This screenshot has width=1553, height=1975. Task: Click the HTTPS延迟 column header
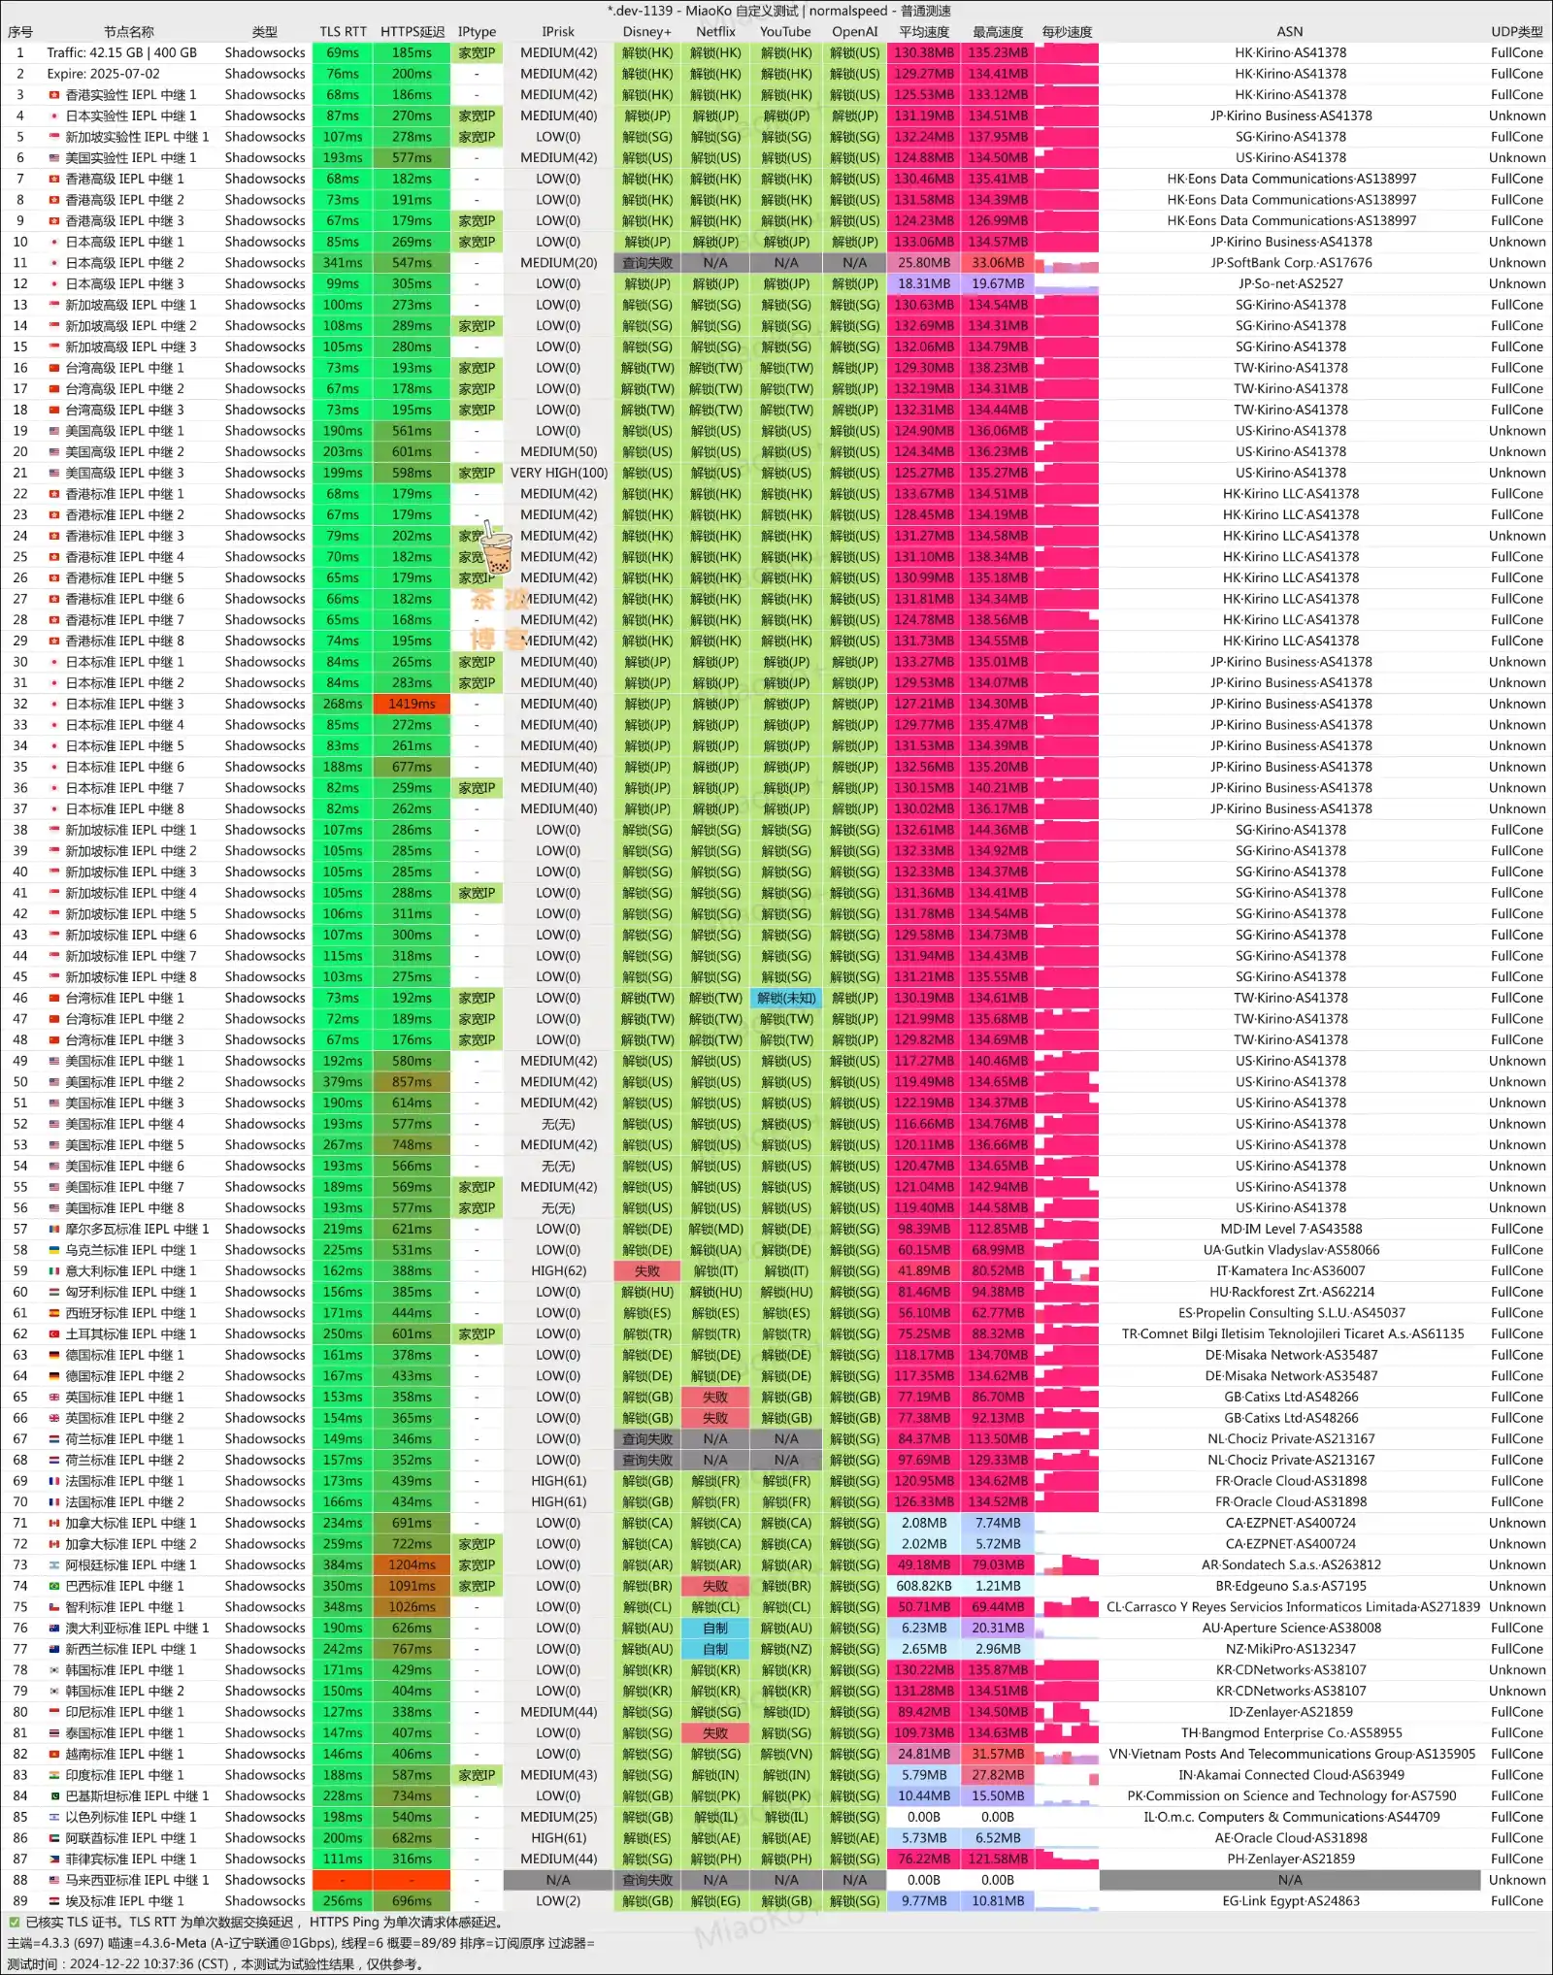tap(412, 32)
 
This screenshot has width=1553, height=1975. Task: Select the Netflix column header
tap(715, 32)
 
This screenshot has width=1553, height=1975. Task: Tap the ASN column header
tap(1290, 32)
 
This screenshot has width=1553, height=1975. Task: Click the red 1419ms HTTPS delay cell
tap(412, 704)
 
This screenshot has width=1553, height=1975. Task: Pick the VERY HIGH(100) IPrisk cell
tap(558, 473)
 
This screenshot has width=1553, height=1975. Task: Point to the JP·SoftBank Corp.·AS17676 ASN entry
tap(1290, 263)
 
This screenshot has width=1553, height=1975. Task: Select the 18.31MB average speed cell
tap(923, 283)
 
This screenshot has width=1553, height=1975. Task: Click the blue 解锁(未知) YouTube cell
tap(785, 998)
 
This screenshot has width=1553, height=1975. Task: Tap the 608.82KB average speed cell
tap(923, 1586)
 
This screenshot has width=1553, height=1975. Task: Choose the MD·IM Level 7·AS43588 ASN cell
tap(1290, 1229)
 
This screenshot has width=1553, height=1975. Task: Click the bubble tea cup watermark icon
tap(496, 550)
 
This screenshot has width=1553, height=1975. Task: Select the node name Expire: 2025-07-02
tap(104, 74)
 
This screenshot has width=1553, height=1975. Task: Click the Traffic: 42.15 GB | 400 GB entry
tap(121, 52)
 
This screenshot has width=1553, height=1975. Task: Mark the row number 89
tap(19, 1901)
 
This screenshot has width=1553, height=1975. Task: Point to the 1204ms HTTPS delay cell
tap(412, 1564)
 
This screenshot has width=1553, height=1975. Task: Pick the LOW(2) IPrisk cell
tap(558, 1901)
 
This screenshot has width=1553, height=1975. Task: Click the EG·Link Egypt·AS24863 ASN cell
tap(1290, 1901)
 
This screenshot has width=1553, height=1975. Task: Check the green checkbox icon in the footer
tap(15, 1922)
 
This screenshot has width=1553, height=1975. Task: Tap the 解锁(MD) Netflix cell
tap(715, 1229)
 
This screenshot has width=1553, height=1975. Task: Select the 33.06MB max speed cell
tap(997, 263)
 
